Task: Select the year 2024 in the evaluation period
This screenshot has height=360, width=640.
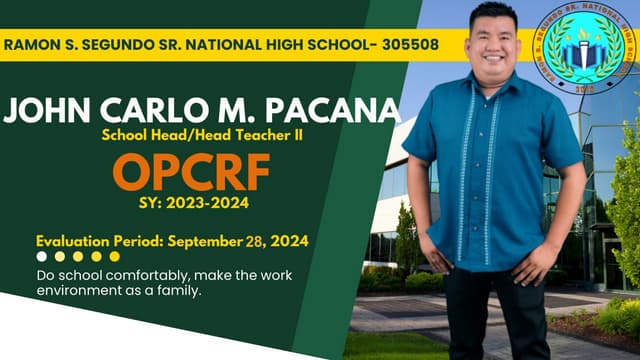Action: [x=288, y=241]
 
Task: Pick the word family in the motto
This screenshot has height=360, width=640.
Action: [x=182, y=291]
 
